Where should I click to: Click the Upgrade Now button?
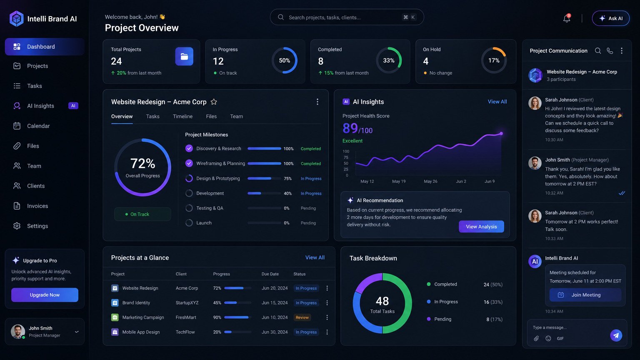click(x=45, y=295)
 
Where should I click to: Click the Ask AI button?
click(x=610, y=18)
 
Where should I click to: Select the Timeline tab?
click(x=182, y=116)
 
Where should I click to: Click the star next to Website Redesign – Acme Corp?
click(x=214, y=102)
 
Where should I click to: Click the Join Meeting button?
click(x=585, y=295)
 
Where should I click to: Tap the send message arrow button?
click(x=616, y=335)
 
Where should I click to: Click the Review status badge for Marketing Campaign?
click(x=302, y=317)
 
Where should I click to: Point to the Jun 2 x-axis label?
click(x=461, y=181)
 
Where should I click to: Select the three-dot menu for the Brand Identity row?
click(x=327, y=303)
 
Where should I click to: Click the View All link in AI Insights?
click(x=497, y=102)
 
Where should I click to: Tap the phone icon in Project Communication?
click(x=610, y=51)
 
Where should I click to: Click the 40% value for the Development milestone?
click(x=288, y=193)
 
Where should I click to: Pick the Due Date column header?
click(x=270, y=274)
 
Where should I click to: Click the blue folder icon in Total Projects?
click(x=184, y=56)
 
